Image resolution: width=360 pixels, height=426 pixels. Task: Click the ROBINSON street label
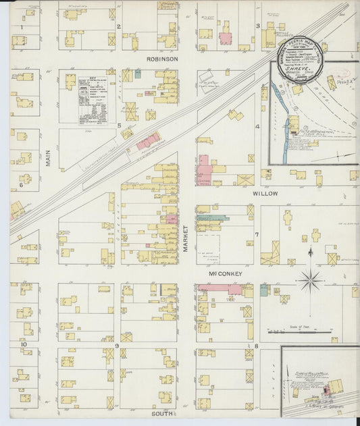162,59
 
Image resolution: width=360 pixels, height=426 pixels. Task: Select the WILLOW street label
265,192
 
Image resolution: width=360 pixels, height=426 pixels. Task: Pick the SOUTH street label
162,413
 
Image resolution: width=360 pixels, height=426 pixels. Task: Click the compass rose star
310,277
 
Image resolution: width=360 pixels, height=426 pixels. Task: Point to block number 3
257,26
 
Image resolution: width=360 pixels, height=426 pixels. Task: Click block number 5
119,126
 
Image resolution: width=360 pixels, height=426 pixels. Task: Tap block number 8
257,346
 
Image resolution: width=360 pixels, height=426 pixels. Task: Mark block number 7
257,235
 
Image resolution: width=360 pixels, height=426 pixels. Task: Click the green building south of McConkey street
264,290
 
